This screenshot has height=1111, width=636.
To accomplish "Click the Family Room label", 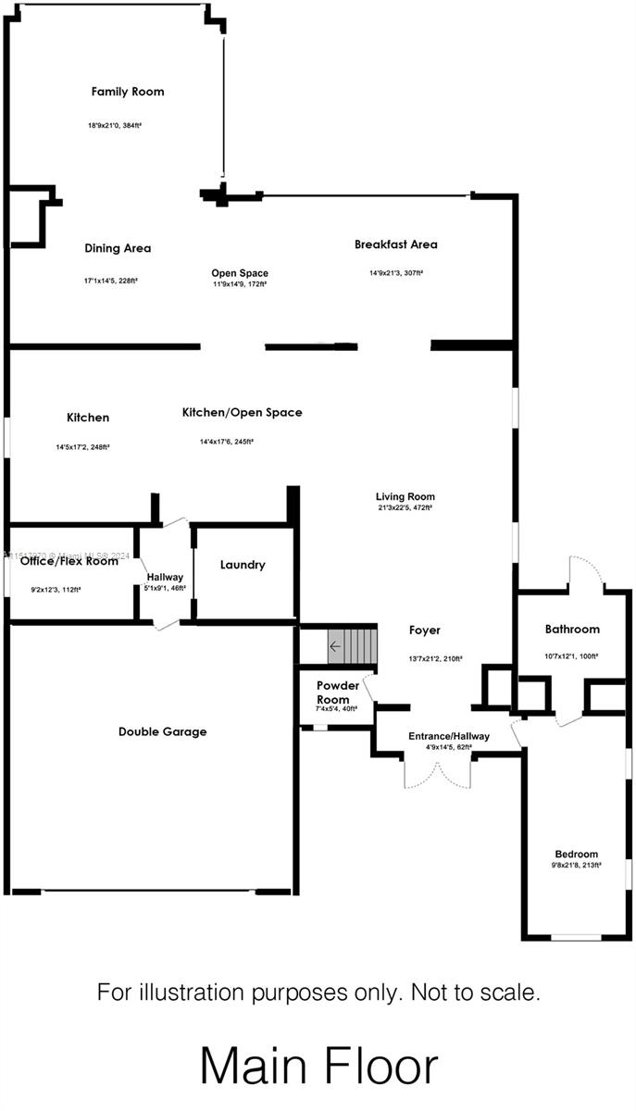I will pos(128,92).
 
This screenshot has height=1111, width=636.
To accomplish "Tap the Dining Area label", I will pos(118,248).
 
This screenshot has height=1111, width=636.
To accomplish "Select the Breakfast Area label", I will pos(395,244).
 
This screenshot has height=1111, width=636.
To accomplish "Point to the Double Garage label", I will pos(162,731).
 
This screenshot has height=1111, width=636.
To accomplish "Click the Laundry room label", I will pos(243,565).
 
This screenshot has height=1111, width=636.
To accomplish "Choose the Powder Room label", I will pos(338,692).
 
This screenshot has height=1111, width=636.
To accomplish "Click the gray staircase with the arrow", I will pos(352,645).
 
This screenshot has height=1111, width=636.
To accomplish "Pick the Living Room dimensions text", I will pos(405,507).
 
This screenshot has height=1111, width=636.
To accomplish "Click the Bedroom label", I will pos(576,854).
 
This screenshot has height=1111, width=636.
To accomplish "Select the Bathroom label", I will pos(571,629).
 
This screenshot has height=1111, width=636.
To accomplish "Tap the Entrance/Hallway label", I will pos(448,736).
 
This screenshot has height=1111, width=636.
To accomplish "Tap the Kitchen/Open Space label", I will pos(242,412).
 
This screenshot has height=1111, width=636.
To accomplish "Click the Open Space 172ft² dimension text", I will pos(240,284).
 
